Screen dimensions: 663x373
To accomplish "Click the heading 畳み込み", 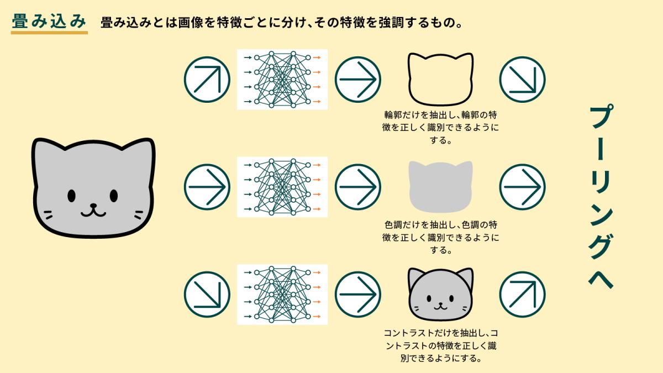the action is pos(49,22).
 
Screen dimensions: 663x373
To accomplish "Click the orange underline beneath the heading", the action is pos(49,33).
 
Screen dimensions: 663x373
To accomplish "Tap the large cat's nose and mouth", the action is pos(93,210).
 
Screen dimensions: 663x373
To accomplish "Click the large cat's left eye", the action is pos(71,196).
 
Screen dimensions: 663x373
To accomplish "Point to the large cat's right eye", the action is pos(114,196).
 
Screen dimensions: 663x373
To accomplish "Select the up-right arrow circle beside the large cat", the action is pos(207,80).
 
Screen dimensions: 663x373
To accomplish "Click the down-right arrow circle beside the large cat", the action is pos(207,295).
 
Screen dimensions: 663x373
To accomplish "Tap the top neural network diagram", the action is pos(282,80).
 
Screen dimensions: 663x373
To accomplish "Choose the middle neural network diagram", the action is pos(282,187).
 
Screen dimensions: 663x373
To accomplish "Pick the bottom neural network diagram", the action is pos(282,295).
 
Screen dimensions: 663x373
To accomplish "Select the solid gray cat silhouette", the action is pos(440,187).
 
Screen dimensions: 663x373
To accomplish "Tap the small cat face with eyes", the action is pos(440,295).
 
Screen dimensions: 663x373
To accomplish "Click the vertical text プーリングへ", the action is pos(601,197).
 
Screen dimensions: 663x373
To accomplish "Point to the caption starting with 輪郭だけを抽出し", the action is pos(440,127).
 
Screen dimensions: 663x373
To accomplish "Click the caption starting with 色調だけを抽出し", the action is pos(440,238).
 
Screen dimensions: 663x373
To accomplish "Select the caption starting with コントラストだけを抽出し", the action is pos(440,345).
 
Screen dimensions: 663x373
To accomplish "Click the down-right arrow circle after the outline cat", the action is pos(523,80).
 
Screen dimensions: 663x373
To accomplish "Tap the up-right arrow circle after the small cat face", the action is pos(523,295).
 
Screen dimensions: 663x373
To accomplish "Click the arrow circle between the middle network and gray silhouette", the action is pos(358,187).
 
